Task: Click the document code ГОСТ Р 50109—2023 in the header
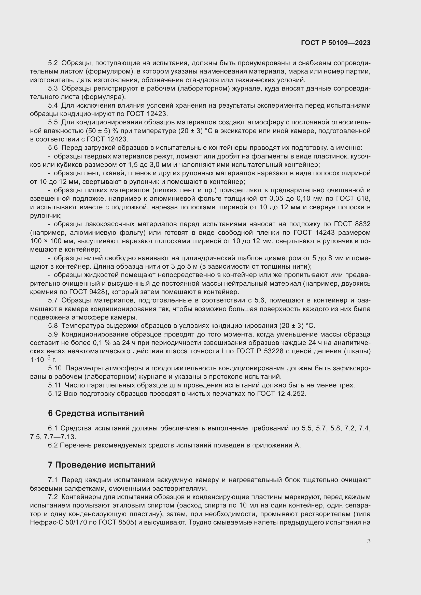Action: coord(336,43)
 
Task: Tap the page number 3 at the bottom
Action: coord(369,541)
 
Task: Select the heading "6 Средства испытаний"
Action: coord(96,413)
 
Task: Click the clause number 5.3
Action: coord(53,89)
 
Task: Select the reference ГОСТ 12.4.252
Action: coord(282,394)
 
